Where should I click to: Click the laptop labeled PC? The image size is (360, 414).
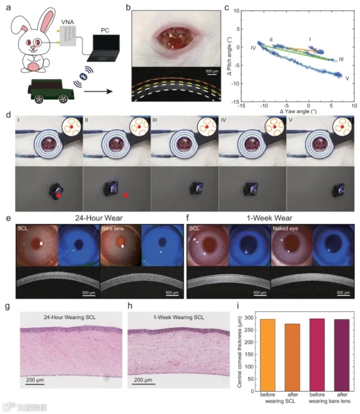(103, 49)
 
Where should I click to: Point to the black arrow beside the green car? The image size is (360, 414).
(98, 91)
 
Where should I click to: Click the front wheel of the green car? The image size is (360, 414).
(63, 99)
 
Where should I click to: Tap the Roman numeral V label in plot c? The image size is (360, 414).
(347, 79)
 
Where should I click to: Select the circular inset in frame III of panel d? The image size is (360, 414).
(206, 127)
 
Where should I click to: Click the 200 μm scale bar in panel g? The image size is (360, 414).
(35, 383)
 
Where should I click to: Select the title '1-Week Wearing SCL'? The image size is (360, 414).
(179, 317)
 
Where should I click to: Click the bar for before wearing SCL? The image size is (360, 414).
(267, 355)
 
